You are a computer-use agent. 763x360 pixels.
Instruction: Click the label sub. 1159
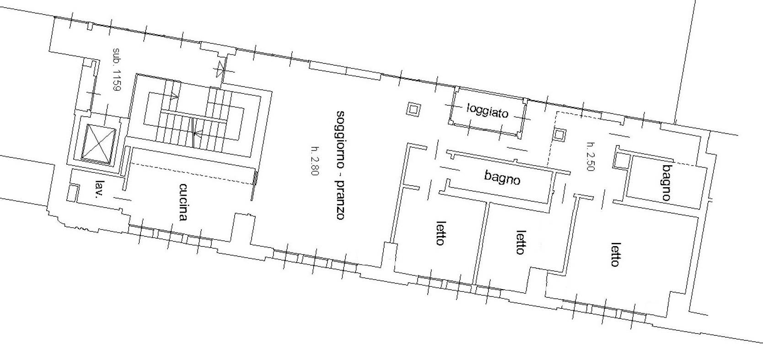point(117,70)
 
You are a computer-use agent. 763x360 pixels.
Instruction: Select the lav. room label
point(99,188)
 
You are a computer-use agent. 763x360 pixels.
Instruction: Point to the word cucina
point(183,202)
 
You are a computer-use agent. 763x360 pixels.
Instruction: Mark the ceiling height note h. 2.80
point(315,161)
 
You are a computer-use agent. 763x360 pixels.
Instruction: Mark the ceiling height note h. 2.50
point(591,156)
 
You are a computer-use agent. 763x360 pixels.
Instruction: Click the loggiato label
point(488,110)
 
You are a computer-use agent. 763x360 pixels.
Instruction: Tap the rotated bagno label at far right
point(667,183)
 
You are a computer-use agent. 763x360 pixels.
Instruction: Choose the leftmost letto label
point(441,233)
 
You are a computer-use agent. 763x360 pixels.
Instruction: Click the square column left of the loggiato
point(413,110)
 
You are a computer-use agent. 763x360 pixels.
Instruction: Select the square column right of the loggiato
point(559,134)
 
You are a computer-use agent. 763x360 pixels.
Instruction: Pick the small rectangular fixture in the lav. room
point(73,193)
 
